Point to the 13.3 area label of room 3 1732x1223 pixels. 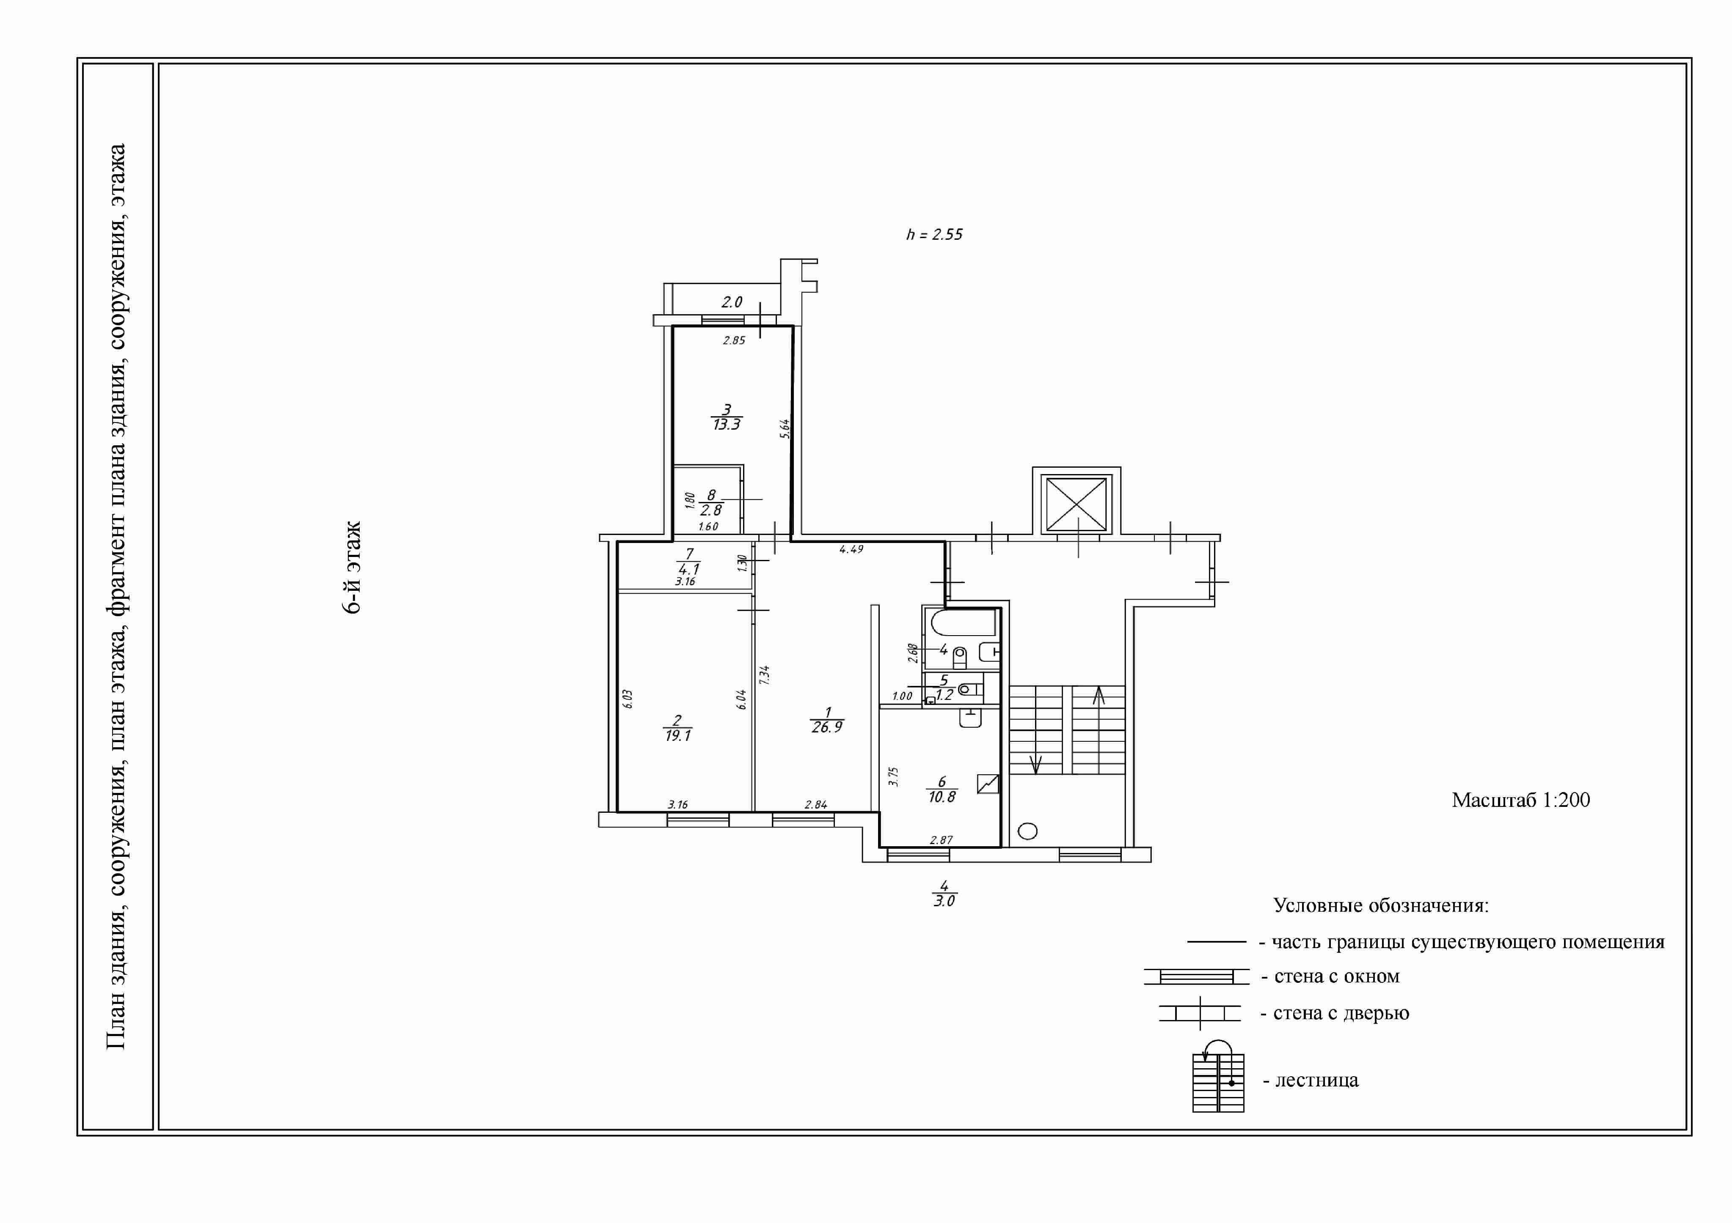pos(727,425)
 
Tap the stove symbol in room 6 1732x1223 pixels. pos(988,784)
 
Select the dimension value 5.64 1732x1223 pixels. pos(785,429)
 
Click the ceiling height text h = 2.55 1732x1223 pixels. pos(934,235)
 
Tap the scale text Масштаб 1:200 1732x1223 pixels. pos(1521,800)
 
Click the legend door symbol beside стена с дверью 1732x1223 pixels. pos(1199,1013)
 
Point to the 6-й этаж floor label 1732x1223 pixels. pos(352,567)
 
